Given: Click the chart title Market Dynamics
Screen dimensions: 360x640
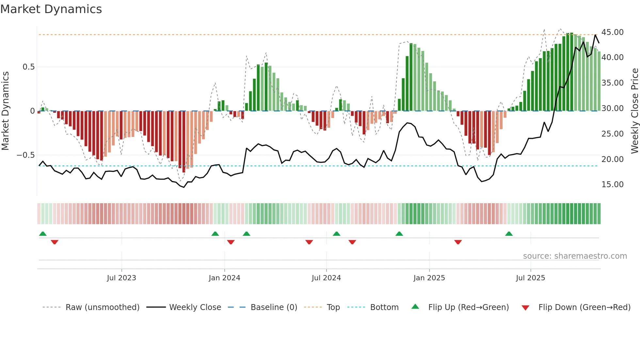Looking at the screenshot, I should [51, 9].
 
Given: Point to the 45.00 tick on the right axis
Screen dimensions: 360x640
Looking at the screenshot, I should [612, 32].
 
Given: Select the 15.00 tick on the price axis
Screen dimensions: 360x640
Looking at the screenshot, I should [612, 185].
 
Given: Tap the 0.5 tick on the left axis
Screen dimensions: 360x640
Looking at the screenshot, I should [28, 67].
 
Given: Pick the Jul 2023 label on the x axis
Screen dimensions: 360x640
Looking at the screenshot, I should [121, 278].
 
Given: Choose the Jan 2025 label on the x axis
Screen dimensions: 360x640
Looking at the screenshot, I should [429, 278].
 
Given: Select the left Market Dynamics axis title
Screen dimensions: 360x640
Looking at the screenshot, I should [5, 111].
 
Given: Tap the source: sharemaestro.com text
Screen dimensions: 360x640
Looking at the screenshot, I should [575, 256].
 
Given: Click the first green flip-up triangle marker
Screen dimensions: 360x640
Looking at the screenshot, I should [43, 234].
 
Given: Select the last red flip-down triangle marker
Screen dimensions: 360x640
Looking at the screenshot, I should [458, 242].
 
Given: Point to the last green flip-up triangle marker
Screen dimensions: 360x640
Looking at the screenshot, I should [509, 234].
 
